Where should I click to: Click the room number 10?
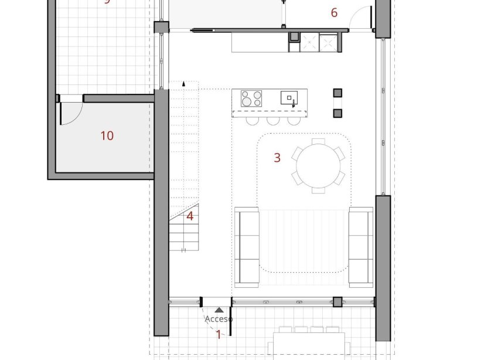point(107,136)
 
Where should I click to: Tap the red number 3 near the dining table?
point(277,157)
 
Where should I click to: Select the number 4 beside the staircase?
point(190,216)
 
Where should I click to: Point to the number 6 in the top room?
point(335,12)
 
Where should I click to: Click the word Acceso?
point(219,319)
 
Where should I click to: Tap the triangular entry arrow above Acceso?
point(219,310)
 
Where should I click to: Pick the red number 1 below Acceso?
point(219,335)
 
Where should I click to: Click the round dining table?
point(319,166)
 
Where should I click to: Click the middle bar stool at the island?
point(272,121)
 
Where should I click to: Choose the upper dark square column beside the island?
point(337,93)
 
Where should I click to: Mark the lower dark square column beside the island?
point(337,113)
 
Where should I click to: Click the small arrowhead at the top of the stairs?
point(184,84)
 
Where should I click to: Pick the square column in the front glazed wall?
point(337,302)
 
